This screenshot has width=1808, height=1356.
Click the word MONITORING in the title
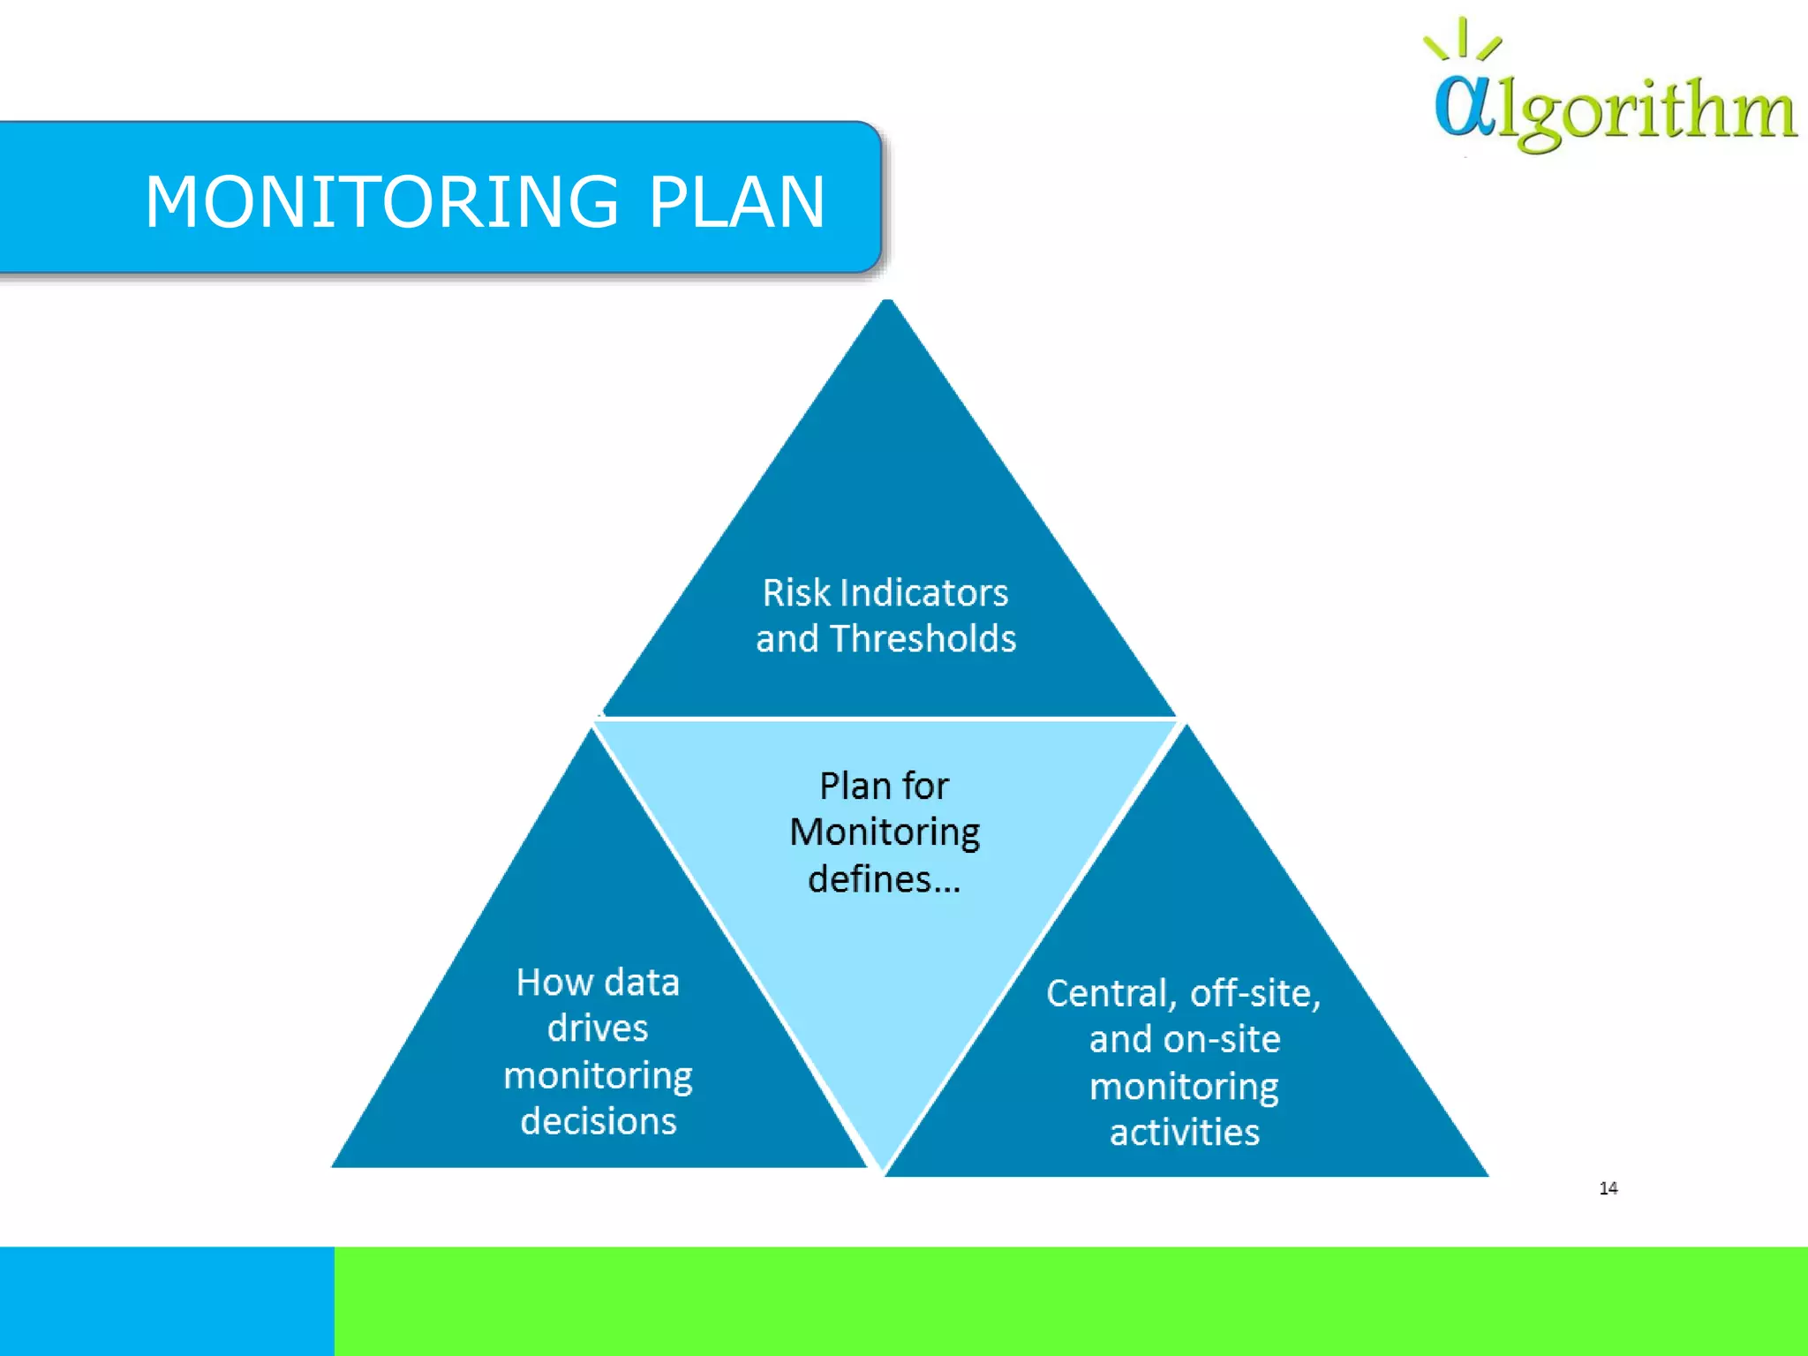381,202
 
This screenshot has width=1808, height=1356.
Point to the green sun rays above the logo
1463,41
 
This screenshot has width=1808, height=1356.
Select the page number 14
1608,1188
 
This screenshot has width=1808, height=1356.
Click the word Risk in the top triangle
796,593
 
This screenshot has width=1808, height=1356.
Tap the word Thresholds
923,639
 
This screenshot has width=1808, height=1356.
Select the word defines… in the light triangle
884,879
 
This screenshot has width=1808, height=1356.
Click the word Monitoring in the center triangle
884,832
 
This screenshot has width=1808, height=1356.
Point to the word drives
598,1028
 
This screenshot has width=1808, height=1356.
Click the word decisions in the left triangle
598,1121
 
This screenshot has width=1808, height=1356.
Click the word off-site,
1254,994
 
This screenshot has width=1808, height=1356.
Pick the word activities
1184,1133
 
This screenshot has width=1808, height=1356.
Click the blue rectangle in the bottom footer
167,1300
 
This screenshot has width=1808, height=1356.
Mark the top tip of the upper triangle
888,303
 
